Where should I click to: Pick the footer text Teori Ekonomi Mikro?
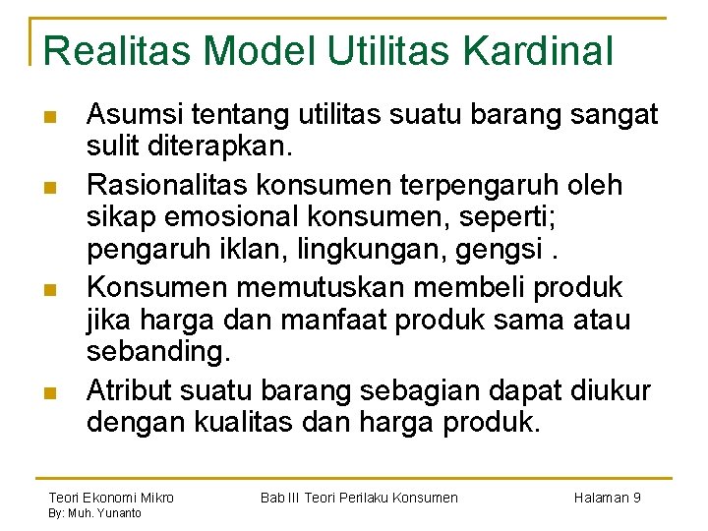click(x=110, y=498)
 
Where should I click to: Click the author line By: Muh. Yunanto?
click(x=94, y=513)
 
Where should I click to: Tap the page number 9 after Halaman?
click(x=636, y=498)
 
